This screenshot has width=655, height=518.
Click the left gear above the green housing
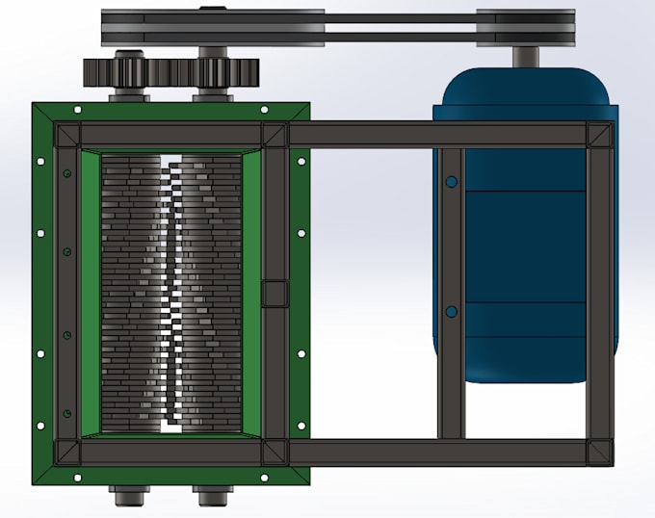pyautogui.click(x=125, y=71)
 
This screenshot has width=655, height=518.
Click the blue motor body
pyautogui.click(x=525, y=241)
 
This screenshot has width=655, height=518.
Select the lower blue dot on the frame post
pyautogui.click(x=450, y=312)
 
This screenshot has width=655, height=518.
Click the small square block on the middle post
pyautogui.click(x=275, y=293)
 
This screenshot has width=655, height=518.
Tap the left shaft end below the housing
pyautogui.click(x=126, y=498)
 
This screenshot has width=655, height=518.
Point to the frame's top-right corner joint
pyautogui.click(x=600, y=134)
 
